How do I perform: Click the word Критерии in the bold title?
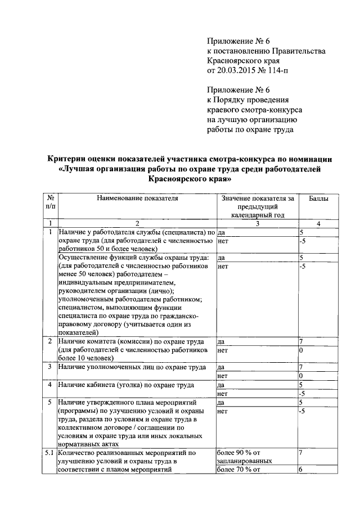pyautogui.click(x=72, y=159)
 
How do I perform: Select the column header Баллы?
pyautogui.click(x=318, y=199)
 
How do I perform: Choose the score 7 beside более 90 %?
pyautogui.click(x=301, y=452)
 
